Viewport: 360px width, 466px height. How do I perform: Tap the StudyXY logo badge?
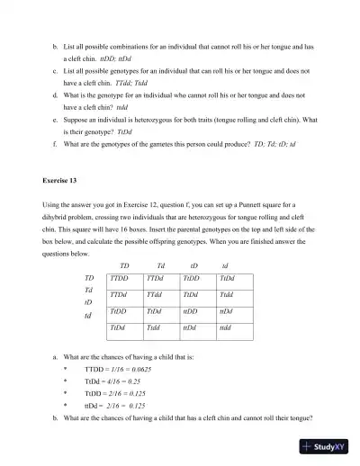pos(328,447)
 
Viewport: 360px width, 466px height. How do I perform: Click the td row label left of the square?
pos(88,317)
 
